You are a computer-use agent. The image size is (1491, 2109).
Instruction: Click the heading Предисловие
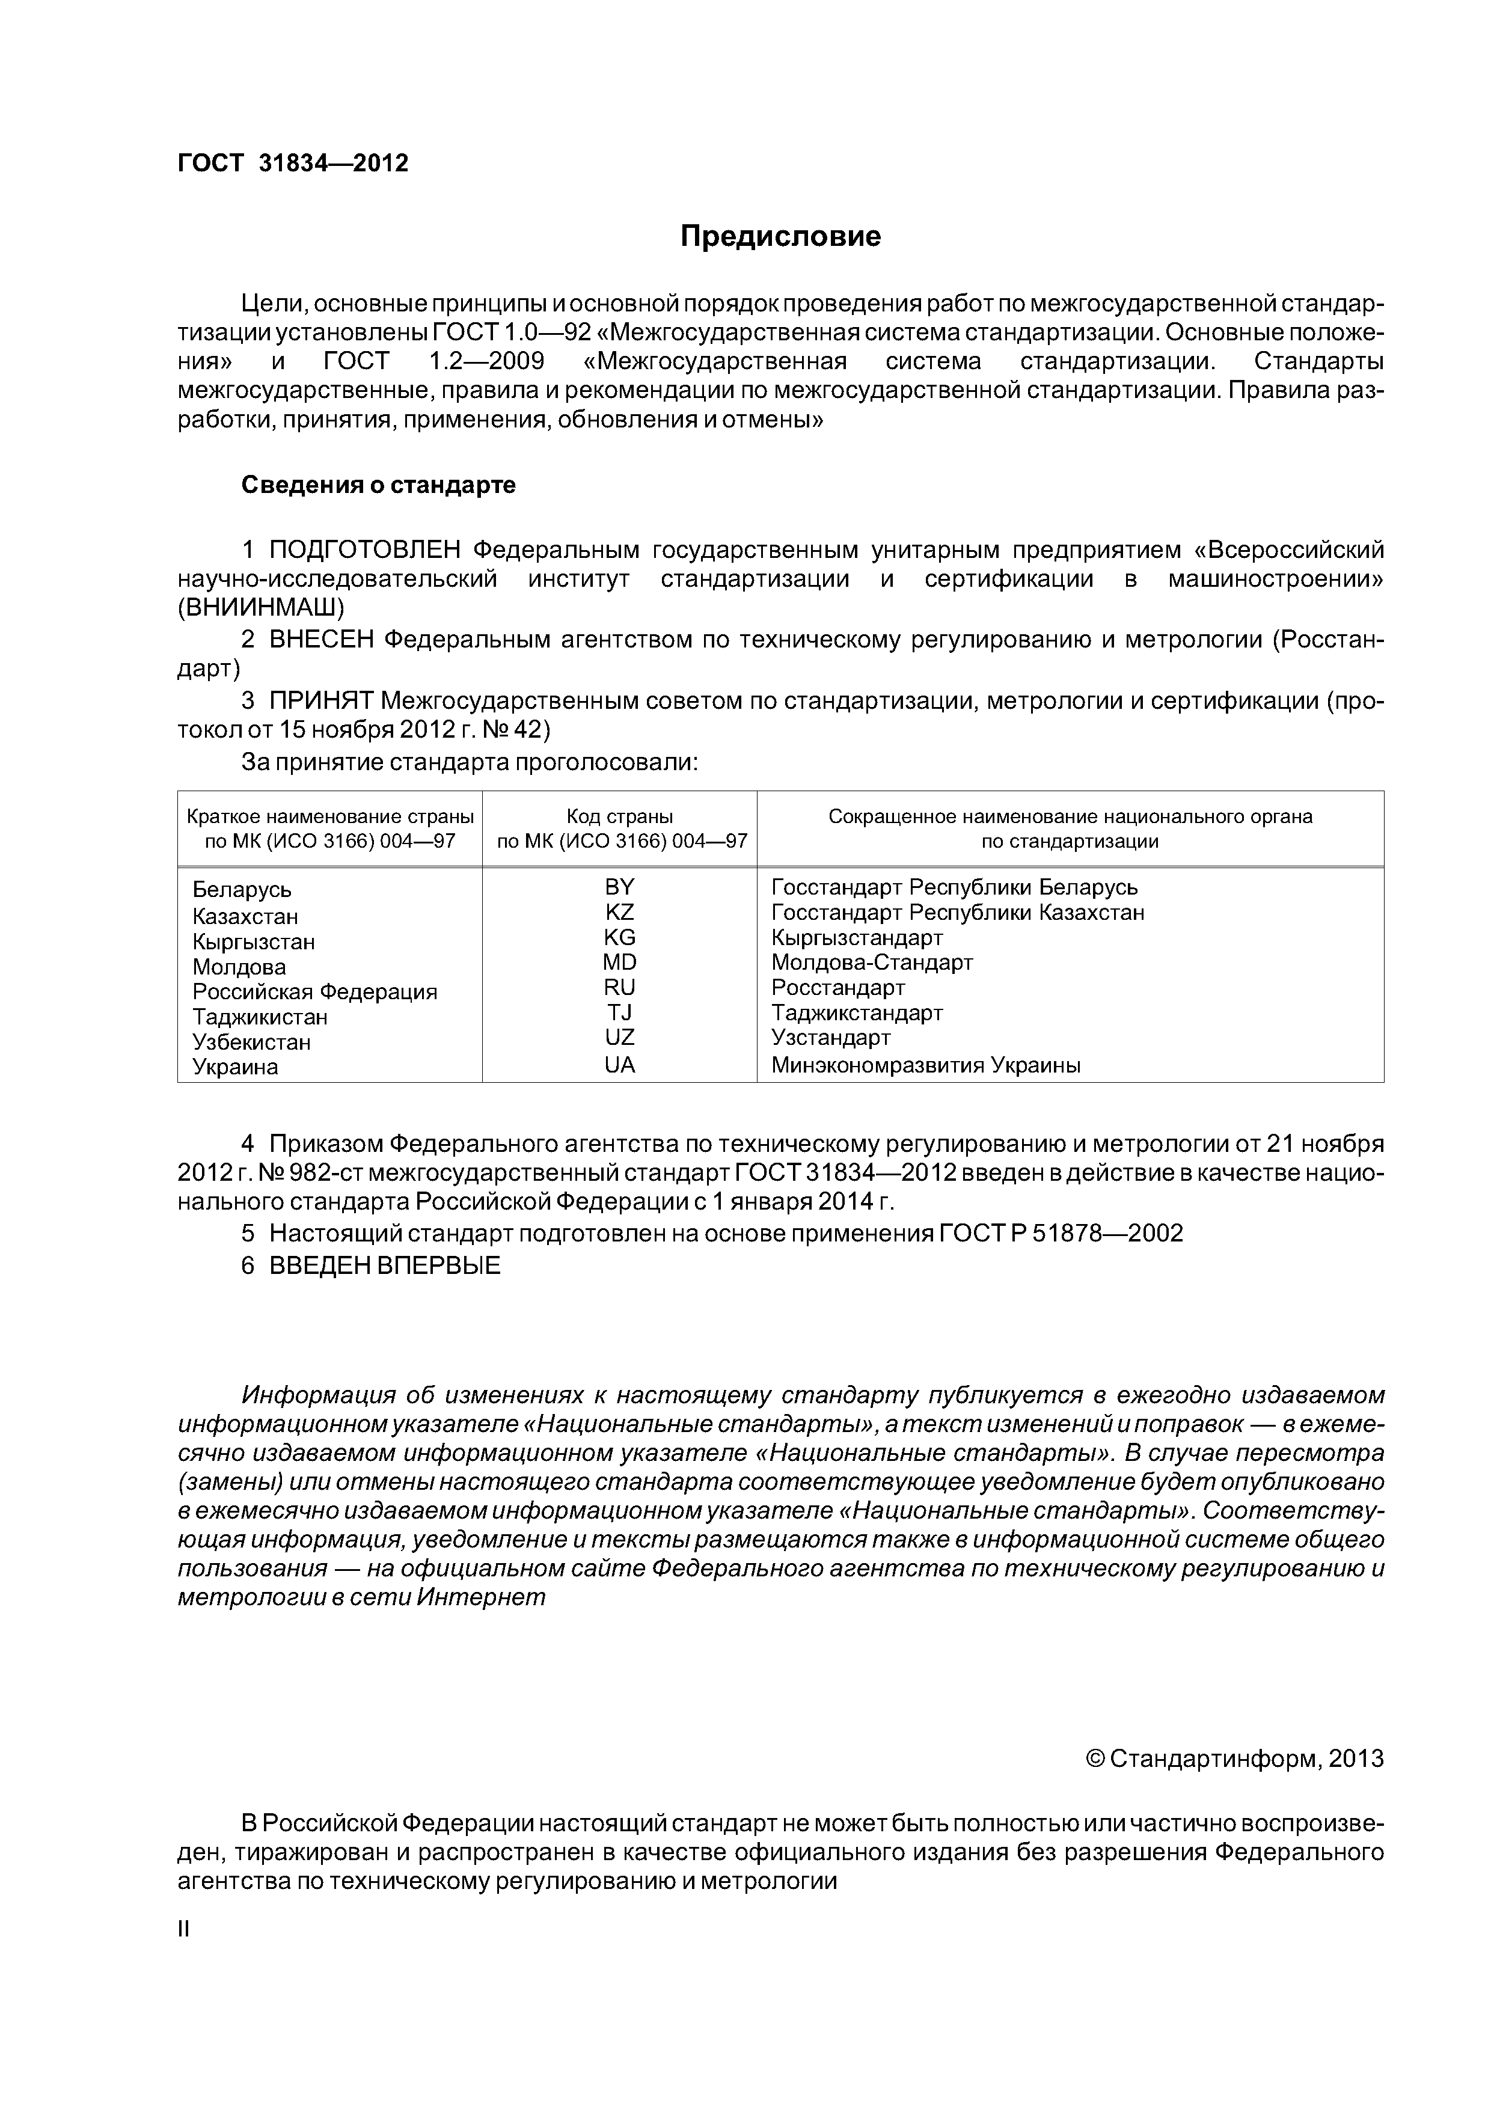tap(780, 237)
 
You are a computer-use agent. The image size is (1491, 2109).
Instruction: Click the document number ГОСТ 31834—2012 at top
tap(292, 164)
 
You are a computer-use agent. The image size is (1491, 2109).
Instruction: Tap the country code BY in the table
tap(619, 886)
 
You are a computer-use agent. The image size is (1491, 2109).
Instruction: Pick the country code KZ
tap(619, 912)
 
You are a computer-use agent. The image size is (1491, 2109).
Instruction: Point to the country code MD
tap(619, 962)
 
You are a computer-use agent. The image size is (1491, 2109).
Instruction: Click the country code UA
tap(619, 1065)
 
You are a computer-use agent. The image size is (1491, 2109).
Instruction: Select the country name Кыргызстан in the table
tap(254, 941)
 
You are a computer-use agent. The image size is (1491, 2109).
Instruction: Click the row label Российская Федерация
tap(314, 992)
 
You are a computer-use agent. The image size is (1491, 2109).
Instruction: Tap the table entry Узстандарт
tap(830, 1038)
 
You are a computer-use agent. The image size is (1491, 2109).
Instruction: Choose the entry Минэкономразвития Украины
tap(925, 1065)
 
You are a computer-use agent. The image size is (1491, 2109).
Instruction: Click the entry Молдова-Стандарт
tap(871, 963)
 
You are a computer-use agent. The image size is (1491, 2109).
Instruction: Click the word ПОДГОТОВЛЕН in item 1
tap(365, 550)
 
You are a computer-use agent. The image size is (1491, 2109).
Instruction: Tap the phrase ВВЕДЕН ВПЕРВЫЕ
tap(384, 1265)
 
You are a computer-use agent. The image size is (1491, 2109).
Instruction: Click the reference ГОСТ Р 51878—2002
tap(1061, 1234)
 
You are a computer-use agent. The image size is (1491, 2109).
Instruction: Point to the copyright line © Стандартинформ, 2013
tap(1234, 1758)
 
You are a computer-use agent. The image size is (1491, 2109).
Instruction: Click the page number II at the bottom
tap(183, 1929)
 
